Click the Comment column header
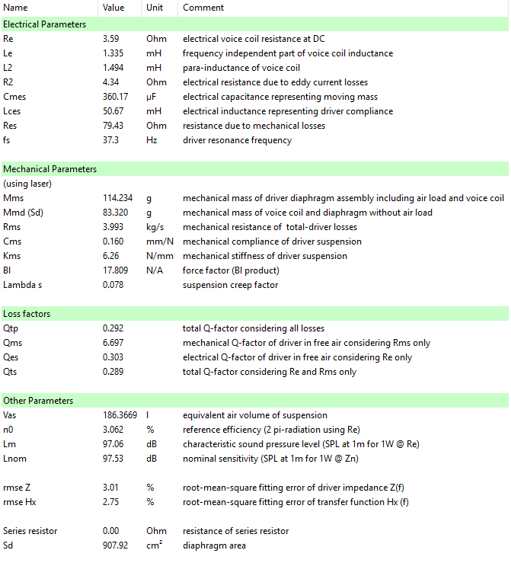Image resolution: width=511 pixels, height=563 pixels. tap(203, 8)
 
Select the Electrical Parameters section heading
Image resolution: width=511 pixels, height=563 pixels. tap(45, 24)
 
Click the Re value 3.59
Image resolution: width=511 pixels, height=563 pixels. tap(112, 38)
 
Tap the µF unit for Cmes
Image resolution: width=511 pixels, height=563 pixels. tap(152, 97)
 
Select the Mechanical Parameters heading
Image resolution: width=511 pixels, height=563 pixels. tap(50, 168)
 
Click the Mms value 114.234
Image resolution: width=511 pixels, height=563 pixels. tap(118, 198)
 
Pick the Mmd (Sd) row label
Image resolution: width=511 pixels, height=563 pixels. tap(23, 213)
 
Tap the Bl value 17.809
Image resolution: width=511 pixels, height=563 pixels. tap(116, 270)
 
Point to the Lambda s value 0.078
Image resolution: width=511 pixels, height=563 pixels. tap(113, 285)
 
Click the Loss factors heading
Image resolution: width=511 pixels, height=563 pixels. tap(27, 314)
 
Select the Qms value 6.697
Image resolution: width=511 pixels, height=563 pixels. tap(113, 343)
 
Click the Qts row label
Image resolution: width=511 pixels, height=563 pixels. tap(10, 372)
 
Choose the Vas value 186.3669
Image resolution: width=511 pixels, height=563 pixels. tap(120, 415)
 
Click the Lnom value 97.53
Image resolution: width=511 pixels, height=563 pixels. tap(113, 459)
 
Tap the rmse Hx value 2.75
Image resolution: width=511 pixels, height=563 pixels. tap(111, 502)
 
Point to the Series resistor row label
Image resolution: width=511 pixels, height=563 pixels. tap(30, 531)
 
